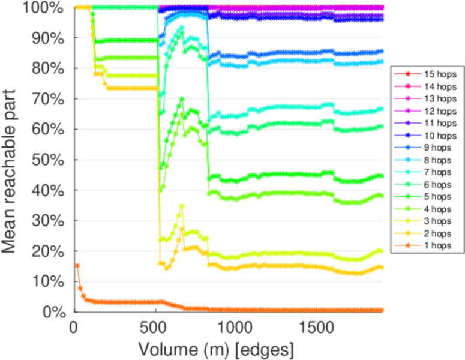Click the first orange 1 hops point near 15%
[x=77, y=265]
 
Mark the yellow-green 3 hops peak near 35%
[x=182, y=206]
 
